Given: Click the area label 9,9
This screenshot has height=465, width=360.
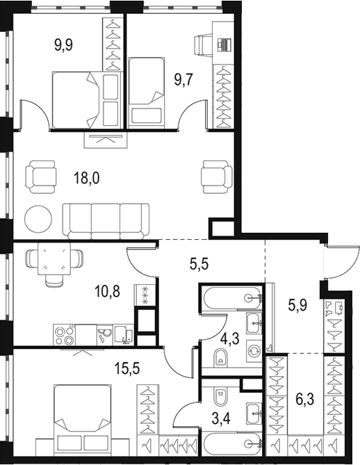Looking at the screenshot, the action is point(64,45).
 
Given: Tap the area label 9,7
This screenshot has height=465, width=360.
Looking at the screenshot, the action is point(184,80).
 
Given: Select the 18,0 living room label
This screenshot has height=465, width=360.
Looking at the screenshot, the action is point(87,179).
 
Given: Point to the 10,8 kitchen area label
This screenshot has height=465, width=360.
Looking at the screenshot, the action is point(107,291).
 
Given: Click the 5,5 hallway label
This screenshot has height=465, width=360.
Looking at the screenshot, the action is point(199,263).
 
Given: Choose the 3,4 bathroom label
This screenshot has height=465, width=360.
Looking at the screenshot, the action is point(220,418).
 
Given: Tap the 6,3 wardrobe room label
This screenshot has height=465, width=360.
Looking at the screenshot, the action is point(305,398).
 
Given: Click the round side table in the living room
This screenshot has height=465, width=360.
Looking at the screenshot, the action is point(38,219).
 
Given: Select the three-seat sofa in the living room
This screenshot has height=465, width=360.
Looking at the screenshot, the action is point(106,221).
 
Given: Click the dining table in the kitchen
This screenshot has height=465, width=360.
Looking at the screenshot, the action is point(54,259).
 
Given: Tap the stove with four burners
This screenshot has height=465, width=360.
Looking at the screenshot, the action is point(65,335).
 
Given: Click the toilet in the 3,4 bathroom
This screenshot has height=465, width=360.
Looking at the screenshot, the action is point(220,397).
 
